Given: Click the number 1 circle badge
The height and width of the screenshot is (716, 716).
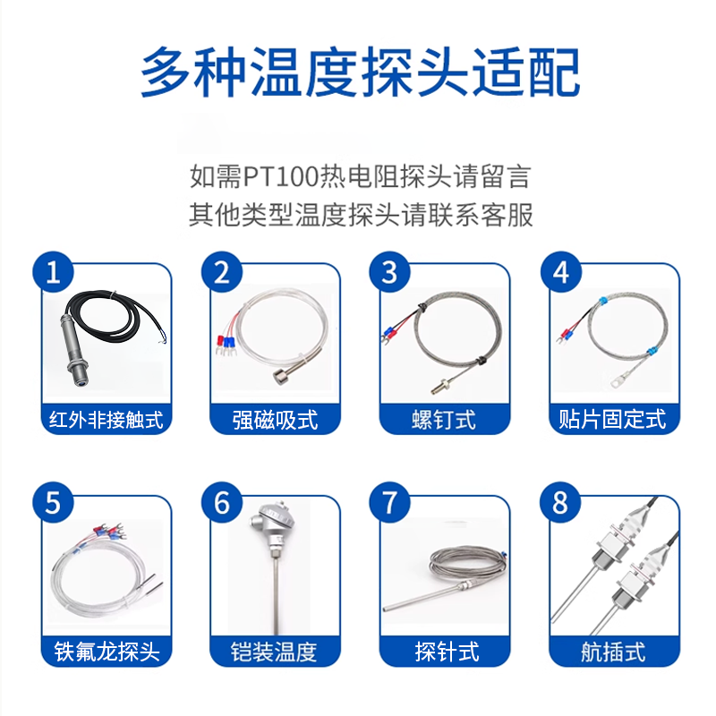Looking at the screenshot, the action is point(53,272).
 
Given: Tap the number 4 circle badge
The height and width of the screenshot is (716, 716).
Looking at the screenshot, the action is point(561,272).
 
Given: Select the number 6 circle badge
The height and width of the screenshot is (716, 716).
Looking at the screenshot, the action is point(222,503).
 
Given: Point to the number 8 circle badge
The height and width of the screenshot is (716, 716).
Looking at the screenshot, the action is point(560,503).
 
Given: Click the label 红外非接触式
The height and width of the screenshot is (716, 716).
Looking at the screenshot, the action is point(106,420).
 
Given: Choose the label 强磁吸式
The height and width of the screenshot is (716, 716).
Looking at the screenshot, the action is point(275,420).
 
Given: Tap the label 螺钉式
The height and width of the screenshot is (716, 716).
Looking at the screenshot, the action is point(444,420).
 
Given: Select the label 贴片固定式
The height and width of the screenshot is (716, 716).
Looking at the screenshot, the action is point(613,420).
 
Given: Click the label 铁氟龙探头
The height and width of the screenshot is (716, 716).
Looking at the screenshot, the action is point(107,652).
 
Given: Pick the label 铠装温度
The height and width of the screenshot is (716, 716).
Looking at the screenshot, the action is point(274,652).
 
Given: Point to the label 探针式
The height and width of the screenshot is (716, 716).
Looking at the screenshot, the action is point(447,652).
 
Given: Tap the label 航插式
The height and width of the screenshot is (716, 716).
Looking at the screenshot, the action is point(613,652).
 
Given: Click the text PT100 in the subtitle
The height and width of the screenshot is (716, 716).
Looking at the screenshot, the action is point(280,176).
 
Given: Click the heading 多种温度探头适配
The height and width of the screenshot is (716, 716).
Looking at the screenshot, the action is point(361,72).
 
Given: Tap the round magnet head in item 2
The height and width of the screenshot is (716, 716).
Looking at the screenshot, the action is point(282,378).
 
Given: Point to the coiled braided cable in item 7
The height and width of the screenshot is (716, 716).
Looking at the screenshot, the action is point(468,564).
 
